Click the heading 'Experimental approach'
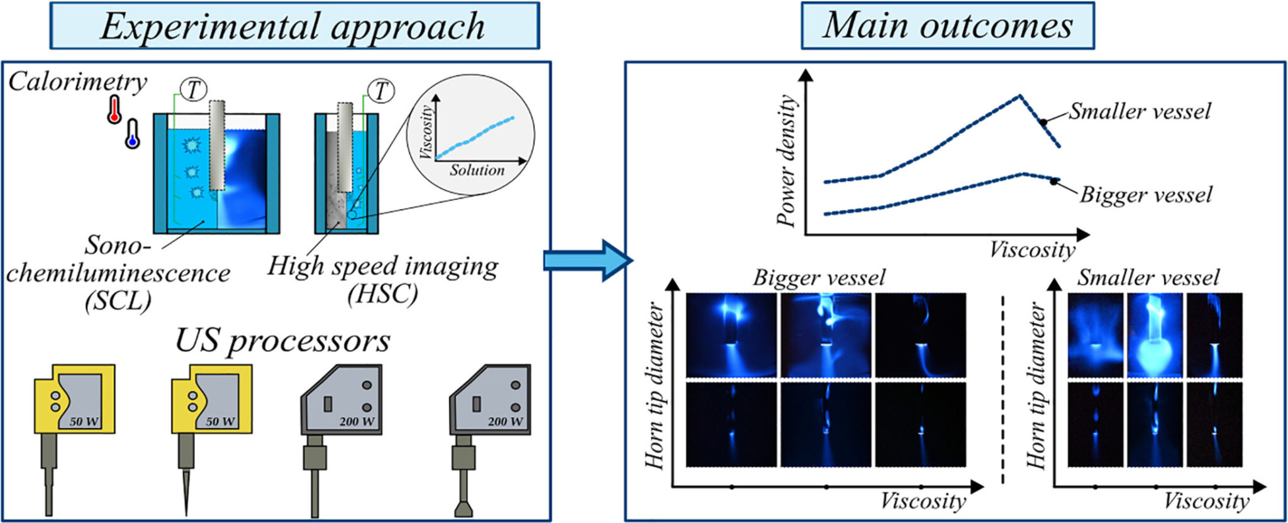(x=293, y=26)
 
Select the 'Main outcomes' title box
(x=947, y=26)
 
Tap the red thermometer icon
(x=114, y=110)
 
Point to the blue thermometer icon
(x=132, y=133)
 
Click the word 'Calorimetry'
(x=77, y=82)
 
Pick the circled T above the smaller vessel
(x=380, y=91)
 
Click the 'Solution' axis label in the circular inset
(x=477, y=170)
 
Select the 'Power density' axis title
(x=786, y=160)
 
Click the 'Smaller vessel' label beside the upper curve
(x=1140, y=111)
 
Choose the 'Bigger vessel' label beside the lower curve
(x=1146, y=195)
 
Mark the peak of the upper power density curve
(x=1019, y=96)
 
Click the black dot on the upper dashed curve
(x=1043, y=122)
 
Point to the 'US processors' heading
(x=282, y=340)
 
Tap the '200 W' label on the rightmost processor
(x=505, y=422)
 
